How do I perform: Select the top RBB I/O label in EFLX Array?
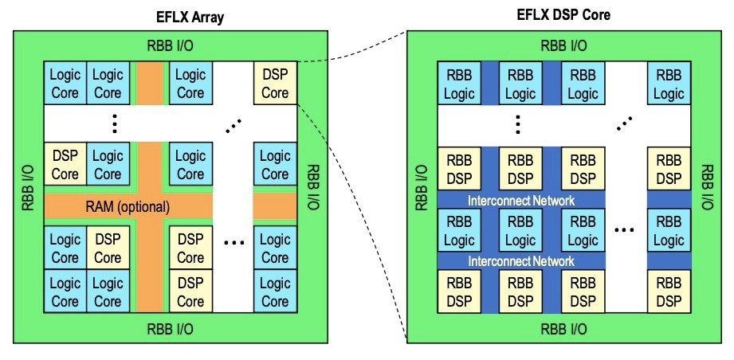click(x=169, y=45)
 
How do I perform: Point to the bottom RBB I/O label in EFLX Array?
click(x=169, y=327)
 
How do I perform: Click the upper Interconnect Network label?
click(x=521, y=200)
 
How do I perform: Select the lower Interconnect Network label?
click(x=521, y=260)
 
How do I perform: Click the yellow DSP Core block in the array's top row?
click(x=275, y=84)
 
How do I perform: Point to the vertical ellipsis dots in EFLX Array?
click(x=116, y=123)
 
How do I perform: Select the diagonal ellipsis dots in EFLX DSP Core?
click(x=626, y=123)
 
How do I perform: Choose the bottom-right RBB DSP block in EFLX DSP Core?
click(x=669, y=291)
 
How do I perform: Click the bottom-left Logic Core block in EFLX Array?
click(x=65, y=291)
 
